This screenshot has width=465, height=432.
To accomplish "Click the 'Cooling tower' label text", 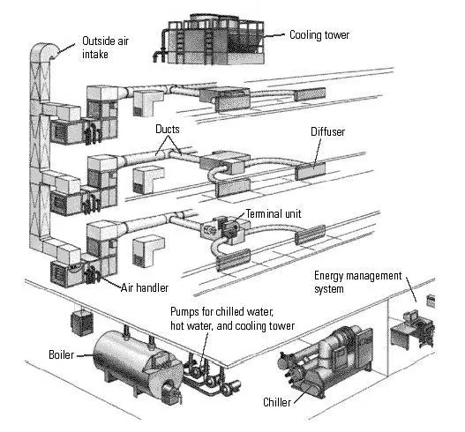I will (319, 35).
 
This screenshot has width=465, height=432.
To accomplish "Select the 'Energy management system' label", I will (353, 282).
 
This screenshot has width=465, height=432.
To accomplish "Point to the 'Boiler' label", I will (63, 355).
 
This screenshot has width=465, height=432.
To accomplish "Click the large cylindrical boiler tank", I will (132, 356).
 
